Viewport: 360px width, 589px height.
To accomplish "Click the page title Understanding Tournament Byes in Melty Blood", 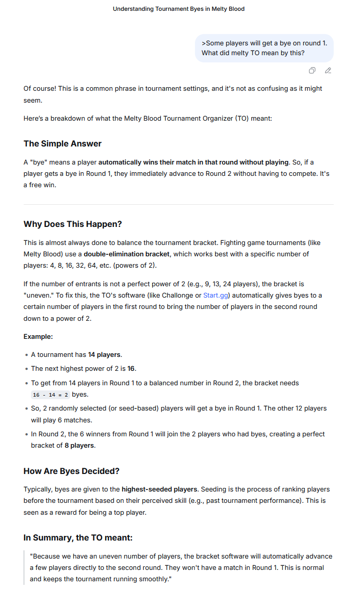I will [178, 9].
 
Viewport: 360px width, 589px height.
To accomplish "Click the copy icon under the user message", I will [312, 70].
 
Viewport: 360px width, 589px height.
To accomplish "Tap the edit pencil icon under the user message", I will [328, 70].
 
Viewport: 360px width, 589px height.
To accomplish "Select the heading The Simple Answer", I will [62, 143].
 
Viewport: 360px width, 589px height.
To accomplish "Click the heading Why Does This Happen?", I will [72, 224].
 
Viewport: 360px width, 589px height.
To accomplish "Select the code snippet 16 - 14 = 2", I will [50, 395].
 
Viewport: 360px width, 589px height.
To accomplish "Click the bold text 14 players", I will [105, 354].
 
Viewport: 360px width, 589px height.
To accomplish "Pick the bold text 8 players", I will [79, 445].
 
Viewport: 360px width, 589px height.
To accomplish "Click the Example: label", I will [38, 336].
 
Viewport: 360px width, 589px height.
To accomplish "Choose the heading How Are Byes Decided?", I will [72, 471].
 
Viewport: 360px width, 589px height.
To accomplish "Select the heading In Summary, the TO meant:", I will [78, 537].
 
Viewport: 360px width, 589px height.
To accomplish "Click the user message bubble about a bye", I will [264, 48].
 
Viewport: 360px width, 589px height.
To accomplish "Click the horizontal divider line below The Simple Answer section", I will [178, 204].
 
